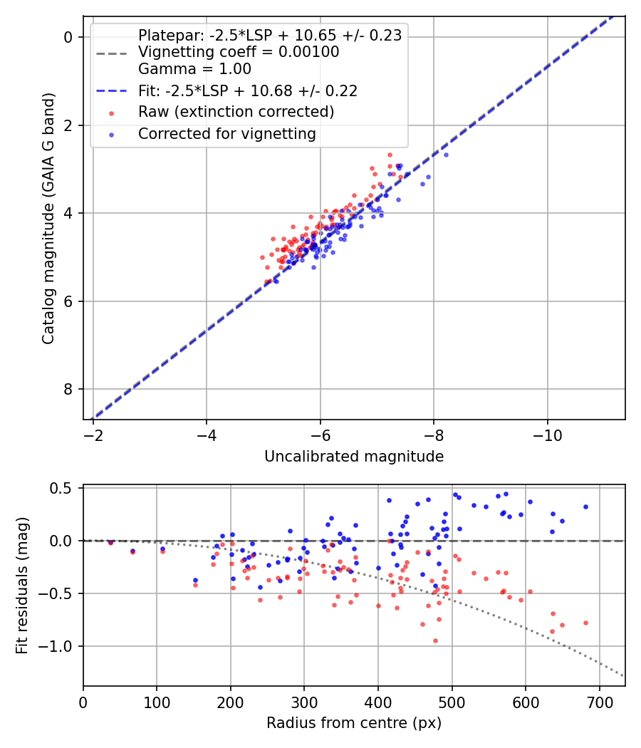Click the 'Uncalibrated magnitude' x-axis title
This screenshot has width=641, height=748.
click(354, 457)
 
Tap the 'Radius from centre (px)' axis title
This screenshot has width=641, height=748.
click(354, 723)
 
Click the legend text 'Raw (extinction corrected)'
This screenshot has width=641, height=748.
click(236, 112)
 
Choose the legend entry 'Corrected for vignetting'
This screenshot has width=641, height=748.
click(227, 133)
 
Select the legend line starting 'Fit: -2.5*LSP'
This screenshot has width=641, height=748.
click(247, 90)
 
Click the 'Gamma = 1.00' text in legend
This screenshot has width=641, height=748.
click(194, 69)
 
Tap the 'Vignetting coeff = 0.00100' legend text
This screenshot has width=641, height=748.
click(239, 52)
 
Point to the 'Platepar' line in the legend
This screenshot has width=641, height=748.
click(270, 35)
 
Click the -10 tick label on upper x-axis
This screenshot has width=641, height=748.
click(548, 435)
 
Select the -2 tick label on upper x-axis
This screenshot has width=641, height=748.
click(93, 435)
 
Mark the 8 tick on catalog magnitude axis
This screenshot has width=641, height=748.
click(69, 389)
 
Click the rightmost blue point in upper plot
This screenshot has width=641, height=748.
click(446, 155)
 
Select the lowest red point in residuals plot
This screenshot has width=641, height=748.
click(435, 640)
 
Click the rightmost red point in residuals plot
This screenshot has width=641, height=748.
click(585, 623)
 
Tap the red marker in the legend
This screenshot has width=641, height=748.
click(111, 113)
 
